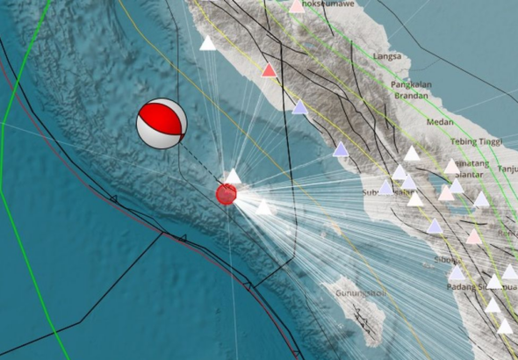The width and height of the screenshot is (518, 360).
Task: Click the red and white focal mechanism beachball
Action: pyautogui.click(x=162, y=124)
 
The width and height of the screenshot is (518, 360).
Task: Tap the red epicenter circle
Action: pyautogui.click(x=227, y=194)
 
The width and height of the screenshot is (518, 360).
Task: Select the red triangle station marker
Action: pyautogui.click(x=270, y=70)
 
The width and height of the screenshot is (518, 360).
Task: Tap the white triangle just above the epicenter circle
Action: pyautogui.click(x=232, y=176)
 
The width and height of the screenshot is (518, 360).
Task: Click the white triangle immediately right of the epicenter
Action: pyautogui.click(x=263, y=207)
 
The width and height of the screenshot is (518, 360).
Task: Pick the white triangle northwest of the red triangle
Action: pyautogui.click(x=208, y=43)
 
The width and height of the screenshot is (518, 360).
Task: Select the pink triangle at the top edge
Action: pyautogui.click(x=297, y=6)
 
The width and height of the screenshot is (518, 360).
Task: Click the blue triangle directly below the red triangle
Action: pyautogui.click(x=299, y=107)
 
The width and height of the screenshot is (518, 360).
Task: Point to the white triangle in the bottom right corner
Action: pyautogui.click(x=505, y=327)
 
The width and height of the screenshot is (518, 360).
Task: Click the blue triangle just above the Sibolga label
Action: pyautogui.click(x=435, y=227)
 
